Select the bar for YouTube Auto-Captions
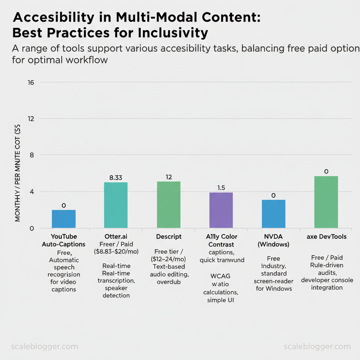[64, 219]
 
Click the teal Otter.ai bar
[116, 205]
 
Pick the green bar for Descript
[168, 205]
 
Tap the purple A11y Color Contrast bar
[221, 210]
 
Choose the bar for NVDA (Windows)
[274, 214]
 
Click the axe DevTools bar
[326, 202]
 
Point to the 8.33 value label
[116, 178]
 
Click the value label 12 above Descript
[168, 177]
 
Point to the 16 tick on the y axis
[30, 83]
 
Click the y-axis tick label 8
[31, 155]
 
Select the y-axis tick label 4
[31, 192]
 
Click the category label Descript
[169, 237]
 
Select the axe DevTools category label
[326, 237]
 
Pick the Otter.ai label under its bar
[116, 237]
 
